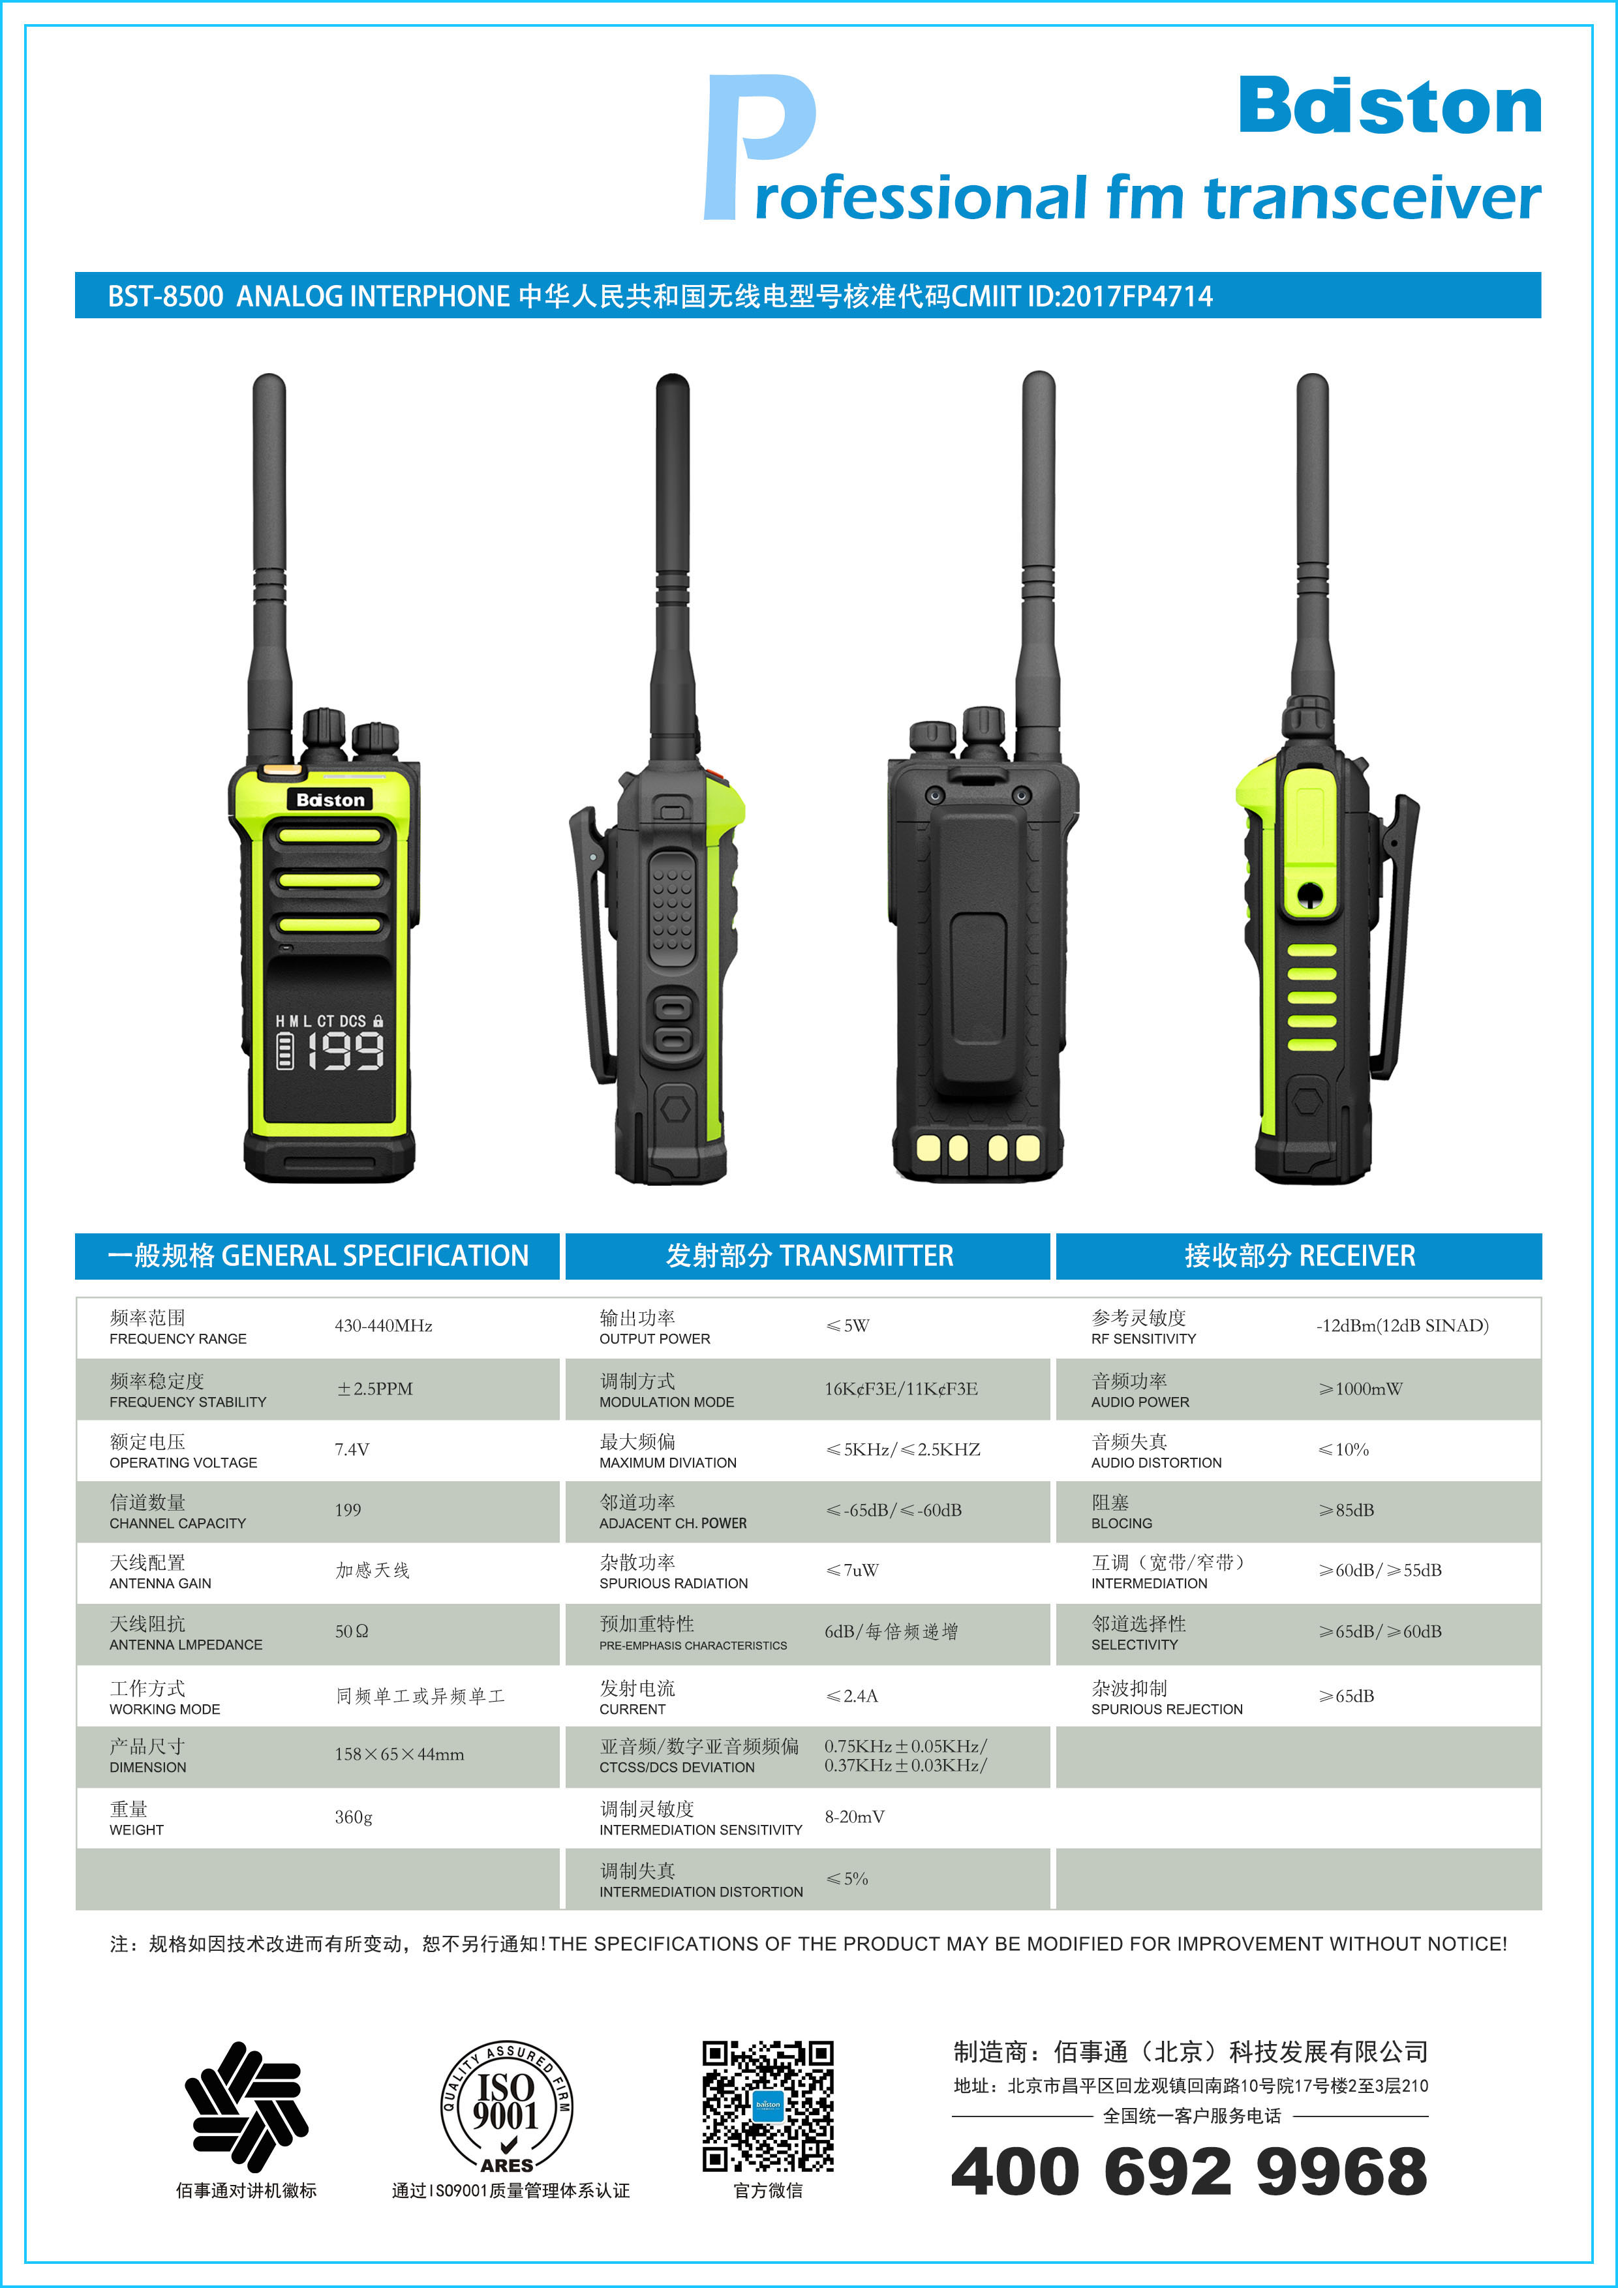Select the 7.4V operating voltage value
(352, 1450)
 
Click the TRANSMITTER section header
(808, 1256)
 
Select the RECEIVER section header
(1299, 1256)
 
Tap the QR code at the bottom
(768, 2105)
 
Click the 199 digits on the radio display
(345, 1051)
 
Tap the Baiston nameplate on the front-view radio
(330, 799)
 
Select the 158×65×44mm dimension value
(399, 1755)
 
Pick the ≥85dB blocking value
(1346, 1511)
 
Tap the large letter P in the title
(759, 147)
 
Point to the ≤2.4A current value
(851, 1696)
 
